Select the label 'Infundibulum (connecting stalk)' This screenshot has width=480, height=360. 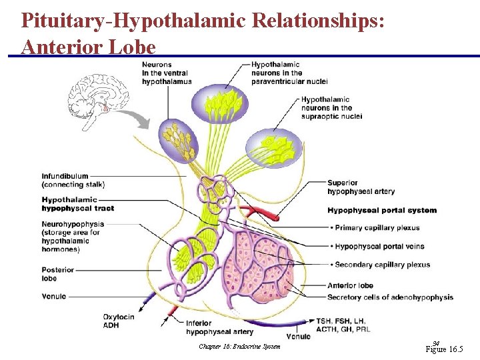(x=73, y=180)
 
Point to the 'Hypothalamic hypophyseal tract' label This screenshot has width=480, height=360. (x=77, y=204)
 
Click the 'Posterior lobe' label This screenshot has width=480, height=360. (x=58, y=274)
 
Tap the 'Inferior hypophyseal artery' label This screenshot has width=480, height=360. (x=219, y=327)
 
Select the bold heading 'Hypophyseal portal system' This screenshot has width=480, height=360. (x=382, y=210)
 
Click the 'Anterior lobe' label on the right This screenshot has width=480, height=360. (x=350, y=285)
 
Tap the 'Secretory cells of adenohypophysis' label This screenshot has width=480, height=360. (x=390, y=297)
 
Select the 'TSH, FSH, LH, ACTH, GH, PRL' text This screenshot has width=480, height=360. (x=343, y=325)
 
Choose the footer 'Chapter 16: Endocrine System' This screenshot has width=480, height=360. (x=239, y=346)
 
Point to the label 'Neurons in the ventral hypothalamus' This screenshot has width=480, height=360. (x=167, y=73)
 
